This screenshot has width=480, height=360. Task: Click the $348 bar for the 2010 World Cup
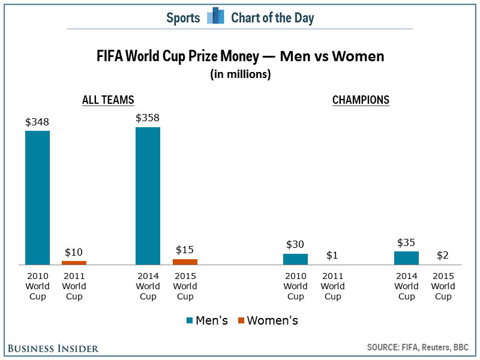(x=37, y=197)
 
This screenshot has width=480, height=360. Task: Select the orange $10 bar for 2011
(x=74, y=262)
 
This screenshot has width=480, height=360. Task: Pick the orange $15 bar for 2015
(x=185, y=262)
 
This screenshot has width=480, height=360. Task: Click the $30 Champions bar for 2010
(x=295, y=259)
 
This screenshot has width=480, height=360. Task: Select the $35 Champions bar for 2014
(x=406, y=258)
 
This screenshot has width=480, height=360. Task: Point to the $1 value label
(x=332, y=255)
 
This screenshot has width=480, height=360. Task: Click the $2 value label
(x=443, y=255)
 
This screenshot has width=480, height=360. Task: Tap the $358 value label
(x=148, y=118)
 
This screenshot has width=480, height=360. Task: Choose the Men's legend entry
(x=208, y=320)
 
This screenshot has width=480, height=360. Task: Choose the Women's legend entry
(x=268, y=320)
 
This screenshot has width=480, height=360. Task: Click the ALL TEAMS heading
(x=108, y=100)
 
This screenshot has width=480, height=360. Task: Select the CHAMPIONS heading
(x=361, y=100)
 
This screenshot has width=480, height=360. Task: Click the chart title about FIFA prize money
(x=240, y=57)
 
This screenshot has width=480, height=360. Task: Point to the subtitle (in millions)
(x=240, y=74)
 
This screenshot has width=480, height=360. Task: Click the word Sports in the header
(x=183, y=17)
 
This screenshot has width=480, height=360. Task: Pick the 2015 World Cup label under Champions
(x=443, y=286)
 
